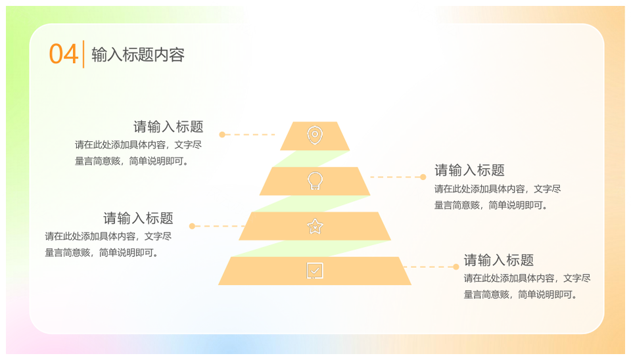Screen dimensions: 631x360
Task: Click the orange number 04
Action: point(63,55)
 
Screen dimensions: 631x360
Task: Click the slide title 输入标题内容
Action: point(138,55)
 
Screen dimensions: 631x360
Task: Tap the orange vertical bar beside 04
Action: point(83,54)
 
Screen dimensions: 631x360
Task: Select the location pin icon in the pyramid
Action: point(315,135)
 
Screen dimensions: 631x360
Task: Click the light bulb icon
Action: point(315,181)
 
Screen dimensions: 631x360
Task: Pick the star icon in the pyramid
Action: point(315,227)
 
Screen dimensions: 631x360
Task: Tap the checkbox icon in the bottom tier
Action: point(315,271)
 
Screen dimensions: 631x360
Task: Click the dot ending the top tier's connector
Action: point(222,135)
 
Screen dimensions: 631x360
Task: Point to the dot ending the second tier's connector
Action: point(423,177)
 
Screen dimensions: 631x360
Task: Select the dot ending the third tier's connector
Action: point(192,226)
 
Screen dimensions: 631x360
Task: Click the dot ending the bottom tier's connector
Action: point(456,267)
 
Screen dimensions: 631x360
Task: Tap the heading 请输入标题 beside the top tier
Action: point(168,127)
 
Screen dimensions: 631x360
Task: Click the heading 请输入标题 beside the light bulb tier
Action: point(469,170)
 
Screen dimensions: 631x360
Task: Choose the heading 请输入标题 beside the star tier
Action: point(138,218)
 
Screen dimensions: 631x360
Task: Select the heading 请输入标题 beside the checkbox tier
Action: point(499,260)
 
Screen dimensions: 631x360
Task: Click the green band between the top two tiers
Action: point(311,159)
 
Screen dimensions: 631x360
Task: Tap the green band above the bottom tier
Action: point(311,248)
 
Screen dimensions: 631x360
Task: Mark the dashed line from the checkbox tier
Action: point(428,267)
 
